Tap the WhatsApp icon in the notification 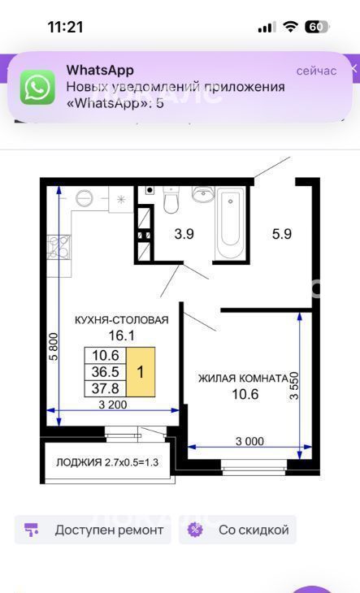click(37, 87)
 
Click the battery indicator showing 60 click(317, 27)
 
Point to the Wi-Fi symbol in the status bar click(290, 27)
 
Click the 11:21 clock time click(65, 28)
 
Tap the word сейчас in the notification click(316, 71)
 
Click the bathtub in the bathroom click(229, 224)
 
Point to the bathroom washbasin click(203, 193)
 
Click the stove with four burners click(59, 247)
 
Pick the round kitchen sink click(85, 197)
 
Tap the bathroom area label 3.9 click(184, 234)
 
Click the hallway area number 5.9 click(282, 234)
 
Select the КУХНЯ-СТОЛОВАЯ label click(122, 320)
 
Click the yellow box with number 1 click(141, 372)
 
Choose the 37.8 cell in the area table click(106, 388)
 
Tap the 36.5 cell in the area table click(106, 372)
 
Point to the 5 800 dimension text click(54, 346)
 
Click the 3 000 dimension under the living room click(250, 441)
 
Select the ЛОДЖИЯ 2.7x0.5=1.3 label click(107, 462)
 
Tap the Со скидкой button click(237, 530)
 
